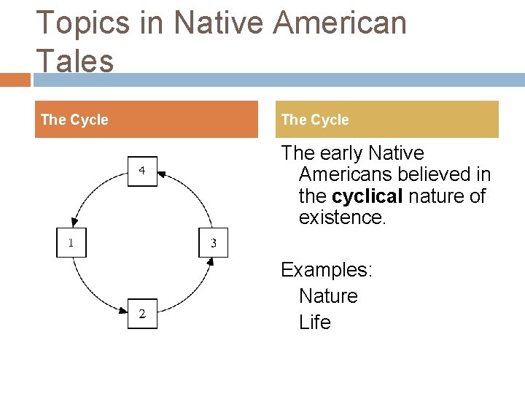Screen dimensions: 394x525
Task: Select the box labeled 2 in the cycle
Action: [142, 314]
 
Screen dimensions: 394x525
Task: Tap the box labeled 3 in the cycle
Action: [213, 243]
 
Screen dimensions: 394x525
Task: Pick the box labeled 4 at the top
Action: [142, 171]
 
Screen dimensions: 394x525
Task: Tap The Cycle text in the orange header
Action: [74, 120]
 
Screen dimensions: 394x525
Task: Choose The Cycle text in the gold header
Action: [315, 120]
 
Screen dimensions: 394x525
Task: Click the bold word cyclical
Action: [367, 196]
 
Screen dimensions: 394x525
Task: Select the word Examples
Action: [327, 270]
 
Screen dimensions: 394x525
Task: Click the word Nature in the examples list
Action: [328, 296]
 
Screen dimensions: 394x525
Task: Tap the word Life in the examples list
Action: [315, 322]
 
